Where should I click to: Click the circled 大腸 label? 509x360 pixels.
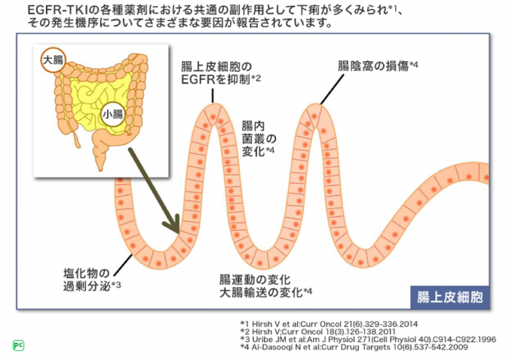click(53, 61)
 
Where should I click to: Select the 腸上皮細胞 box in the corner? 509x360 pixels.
click(450, 297)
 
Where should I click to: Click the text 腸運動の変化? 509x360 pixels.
click(254, 280)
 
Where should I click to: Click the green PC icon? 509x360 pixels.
click(18, 345)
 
